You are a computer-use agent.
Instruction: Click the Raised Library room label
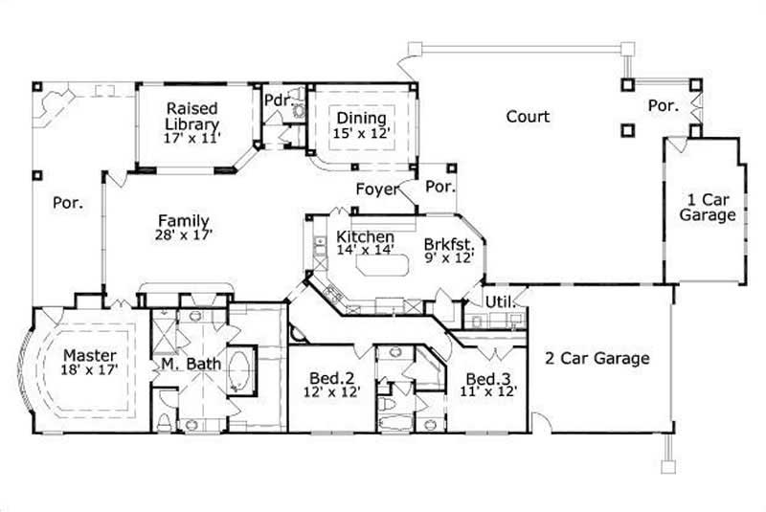point(192,116)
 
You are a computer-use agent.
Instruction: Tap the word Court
point(528,117)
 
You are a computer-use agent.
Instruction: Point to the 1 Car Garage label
point(708,208)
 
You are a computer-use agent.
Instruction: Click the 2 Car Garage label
point(597,359)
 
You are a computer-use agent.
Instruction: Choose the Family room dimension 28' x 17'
point(184,234)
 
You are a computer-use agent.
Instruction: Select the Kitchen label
point(365,237)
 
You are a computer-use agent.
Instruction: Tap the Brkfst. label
point(447,244)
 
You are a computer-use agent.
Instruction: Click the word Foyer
point(376,189)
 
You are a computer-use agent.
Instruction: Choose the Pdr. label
point(277,100)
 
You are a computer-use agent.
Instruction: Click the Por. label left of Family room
point(67,203)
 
